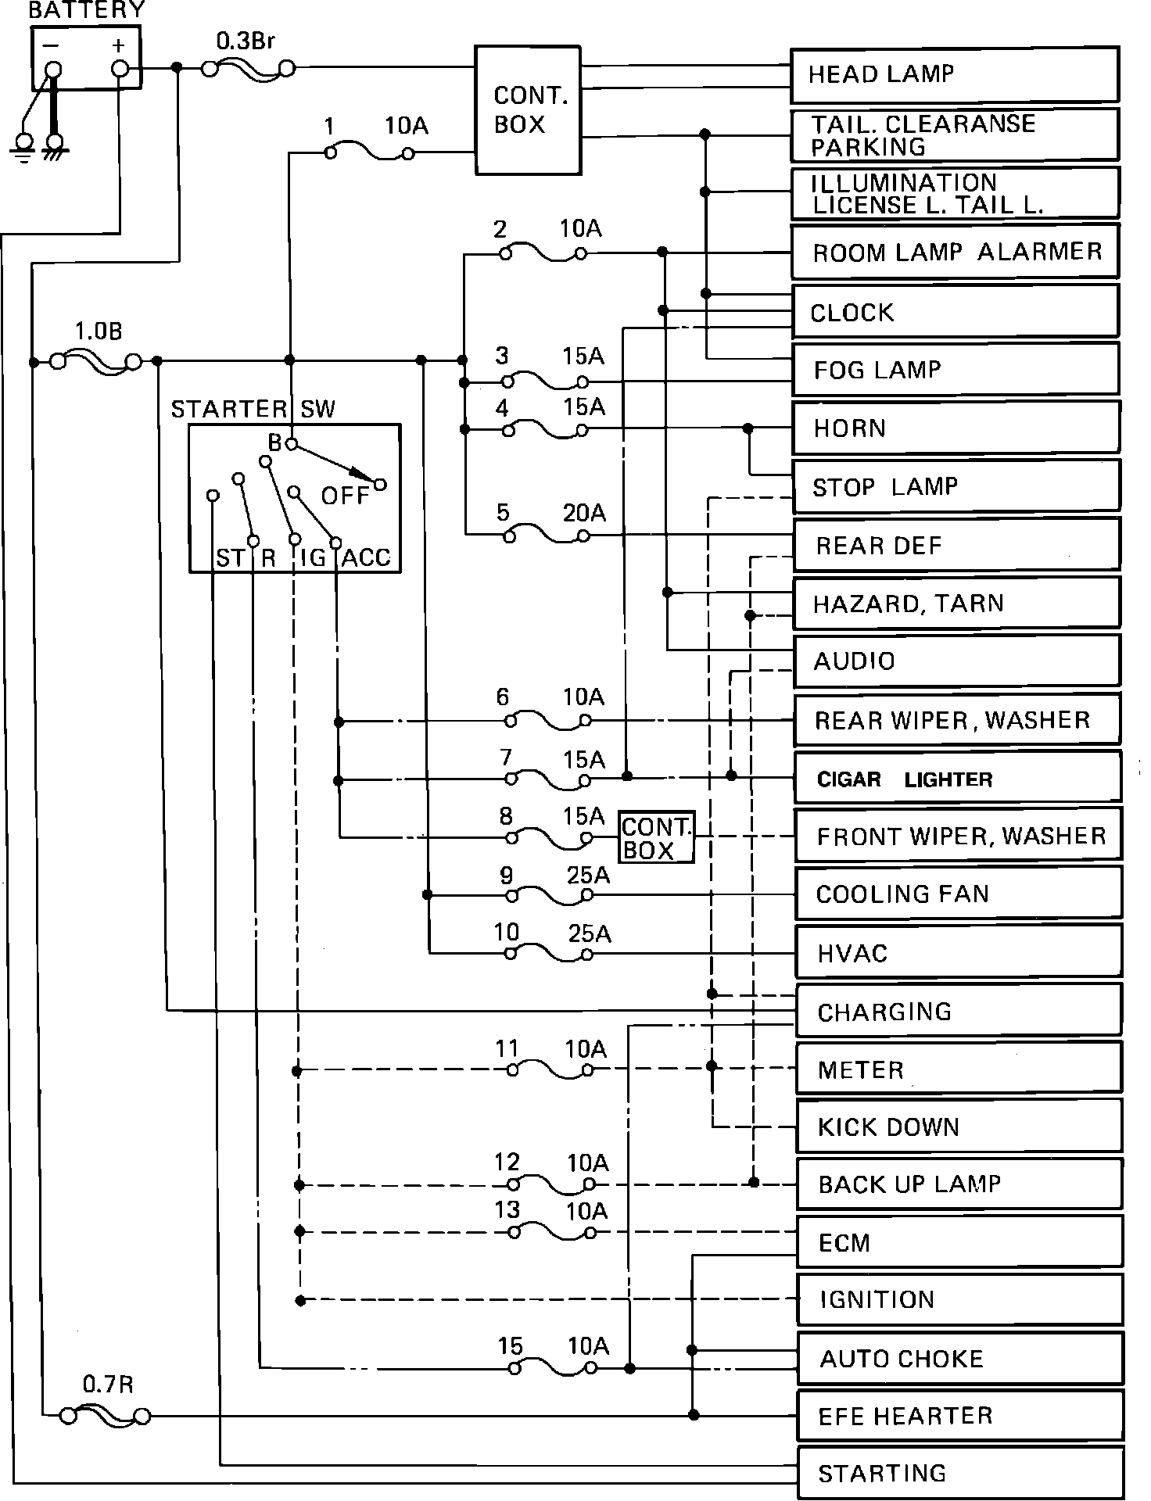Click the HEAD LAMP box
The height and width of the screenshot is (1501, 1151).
coord(954,75)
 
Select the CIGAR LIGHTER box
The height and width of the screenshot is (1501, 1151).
coord(957,778)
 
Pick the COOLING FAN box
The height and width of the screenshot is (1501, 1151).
coord(958,893)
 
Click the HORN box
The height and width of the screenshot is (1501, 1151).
coord(956,428)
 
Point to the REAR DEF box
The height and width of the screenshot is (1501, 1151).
coord(956,545)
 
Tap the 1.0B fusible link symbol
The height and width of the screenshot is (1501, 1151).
coord(96,362)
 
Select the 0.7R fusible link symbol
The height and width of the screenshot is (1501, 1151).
coord(106,1416)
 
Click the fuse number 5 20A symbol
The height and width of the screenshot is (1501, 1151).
coord(547,537)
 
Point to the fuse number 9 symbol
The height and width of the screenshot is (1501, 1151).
coord(548,896)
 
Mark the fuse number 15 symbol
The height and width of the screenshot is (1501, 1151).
coord(552,1369)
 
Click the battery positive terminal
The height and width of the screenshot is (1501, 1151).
coord(120,69)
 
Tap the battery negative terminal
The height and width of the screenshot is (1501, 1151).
coord(52,70)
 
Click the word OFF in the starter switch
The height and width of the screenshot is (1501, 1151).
coord(345,496)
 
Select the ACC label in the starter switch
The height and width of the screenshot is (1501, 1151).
coord(366,557)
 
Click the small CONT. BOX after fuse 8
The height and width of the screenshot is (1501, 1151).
coord(657,837)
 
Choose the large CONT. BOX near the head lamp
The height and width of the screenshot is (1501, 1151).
coord(529,110)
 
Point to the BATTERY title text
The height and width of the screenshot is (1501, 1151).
coord(86,10)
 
